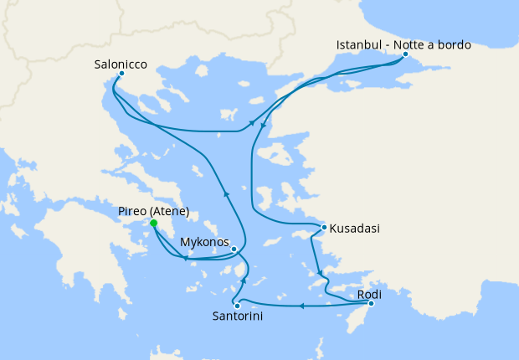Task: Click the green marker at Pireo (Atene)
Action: pos(153,224)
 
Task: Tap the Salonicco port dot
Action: pos(121,74)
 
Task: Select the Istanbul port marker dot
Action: pos(405,55)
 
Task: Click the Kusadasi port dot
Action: pos(324,228)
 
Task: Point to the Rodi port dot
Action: pos(371,303)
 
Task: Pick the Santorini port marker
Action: pos(238,306)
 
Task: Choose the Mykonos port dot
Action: pos(234,249)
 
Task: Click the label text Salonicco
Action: pos(121,61)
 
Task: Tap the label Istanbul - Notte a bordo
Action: pos(403,44)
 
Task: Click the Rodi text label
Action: pos(370,295)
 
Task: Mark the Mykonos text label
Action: pos(205,243)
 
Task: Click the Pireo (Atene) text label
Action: pos(154,211)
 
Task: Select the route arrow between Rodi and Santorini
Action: pos(301,306)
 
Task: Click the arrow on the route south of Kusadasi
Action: pos(319,272)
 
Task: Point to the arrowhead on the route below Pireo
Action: pos(185,257)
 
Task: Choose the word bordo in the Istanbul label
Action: pos(454,44)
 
